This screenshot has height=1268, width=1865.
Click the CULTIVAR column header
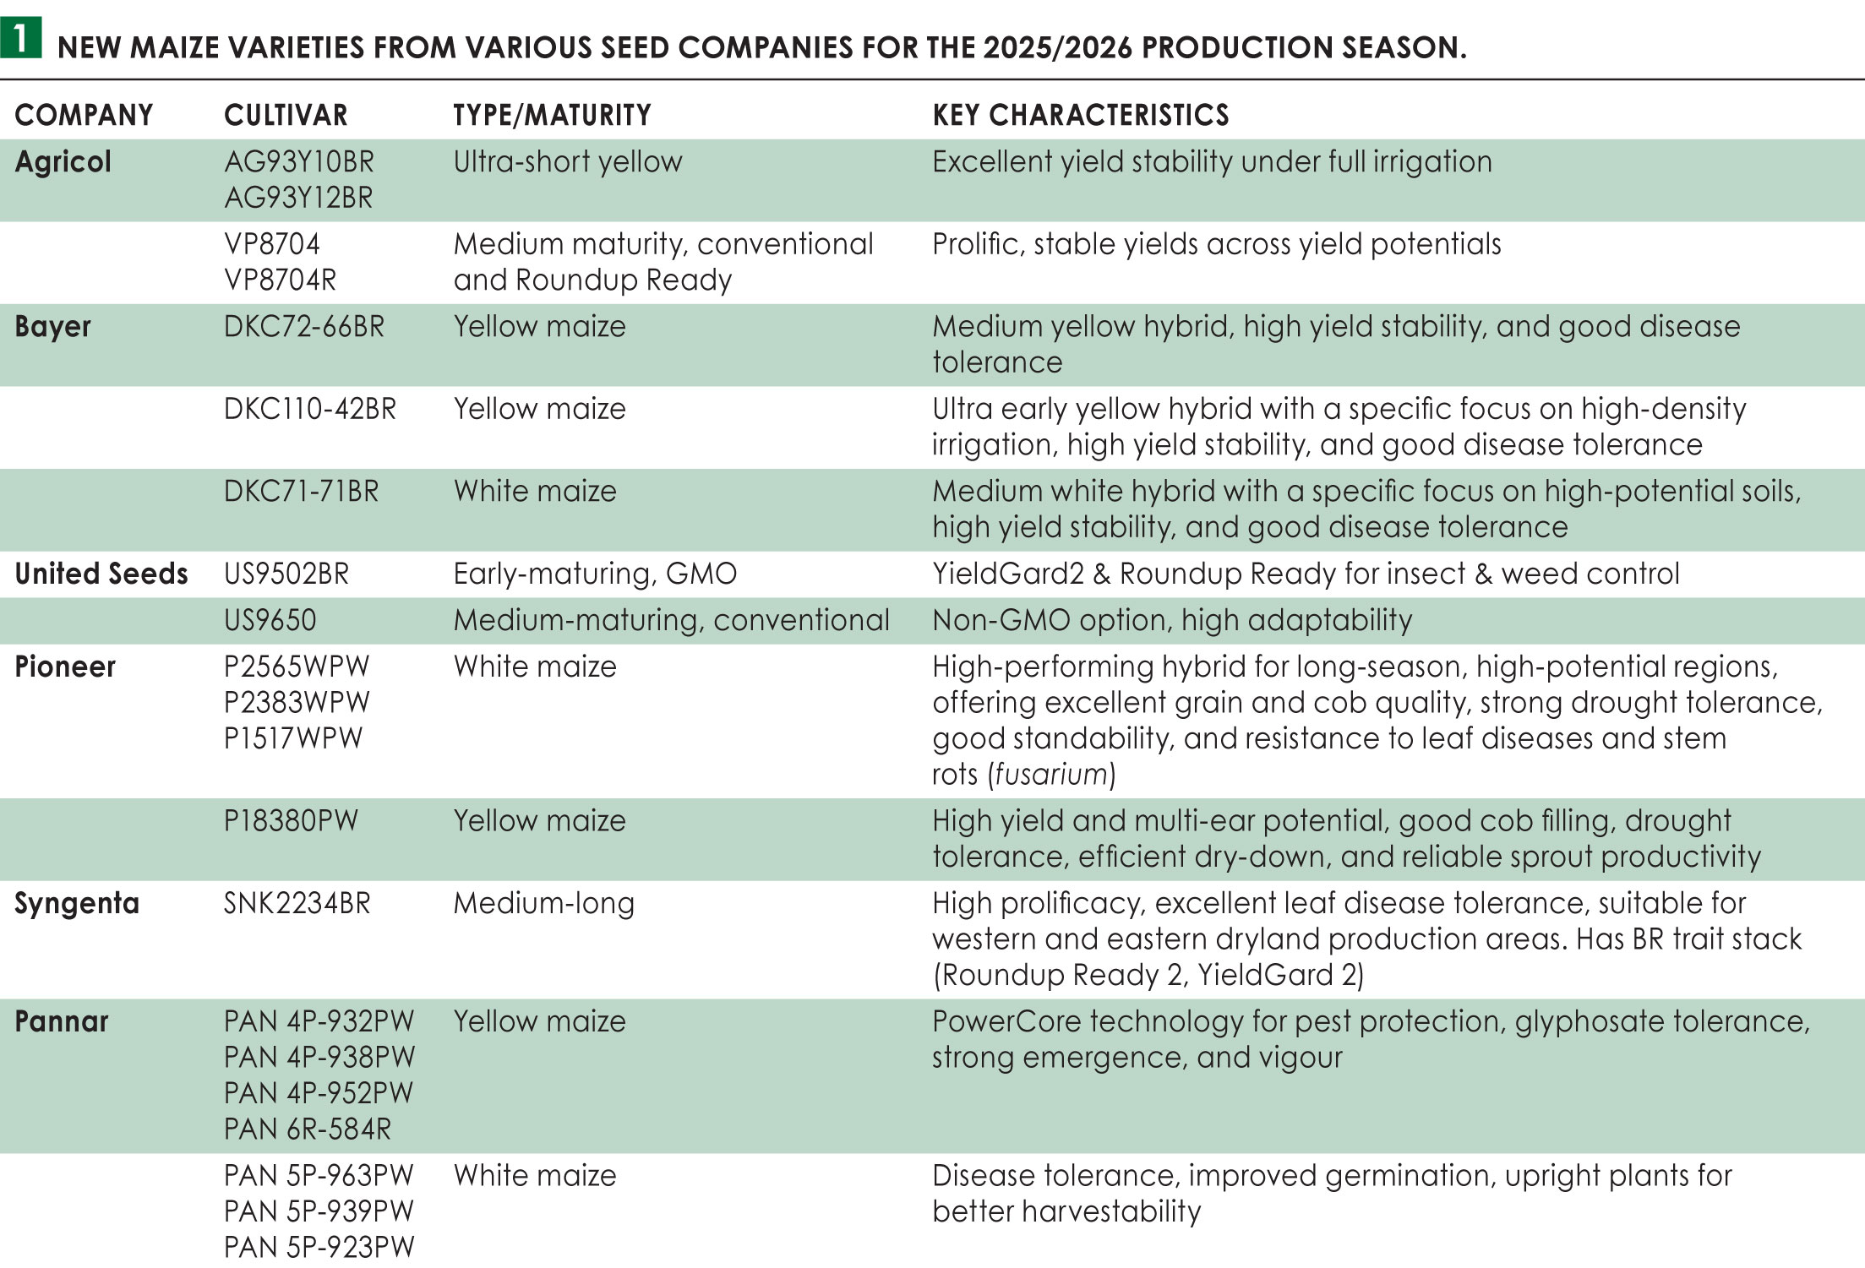(x=286, y=115)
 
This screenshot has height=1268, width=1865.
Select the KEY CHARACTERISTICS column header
(x=1080, y=115)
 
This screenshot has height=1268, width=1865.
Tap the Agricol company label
(x=63, y=161)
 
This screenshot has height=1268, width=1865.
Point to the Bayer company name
(x=52, y=326)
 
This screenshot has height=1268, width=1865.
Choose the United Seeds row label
(x=101, y=574)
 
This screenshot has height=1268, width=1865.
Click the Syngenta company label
(x=77, y=903)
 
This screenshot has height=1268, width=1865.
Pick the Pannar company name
(x=62, y=1021)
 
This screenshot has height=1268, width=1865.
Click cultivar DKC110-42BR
(x=309, y=409)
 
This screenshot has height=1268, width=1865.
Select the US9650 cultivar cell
(x=270, y=620)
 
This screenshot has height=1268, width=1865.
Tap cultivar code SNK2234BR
(x=297, y=903)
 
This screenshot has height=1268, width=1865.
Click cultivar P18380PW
(x=291, y=820)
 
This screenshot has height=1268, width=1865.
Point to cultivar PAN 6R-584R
(x=308, y=1129)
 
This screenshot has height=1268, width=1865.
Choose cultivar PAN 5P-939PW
(x=319, y=1211)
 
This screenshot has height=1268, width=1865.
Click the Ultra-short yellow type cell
(x=567, y=161)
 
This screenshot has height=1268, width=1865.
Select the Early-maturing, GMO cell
(x=595, y=574)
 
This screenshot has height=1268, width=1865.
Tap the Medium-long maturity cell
(x=543, y=903)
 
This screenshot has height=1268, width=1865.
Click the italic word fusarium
(x=1051, y=774)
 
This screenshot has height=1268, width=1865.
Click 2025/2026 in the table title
(x=1057, y=47)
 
